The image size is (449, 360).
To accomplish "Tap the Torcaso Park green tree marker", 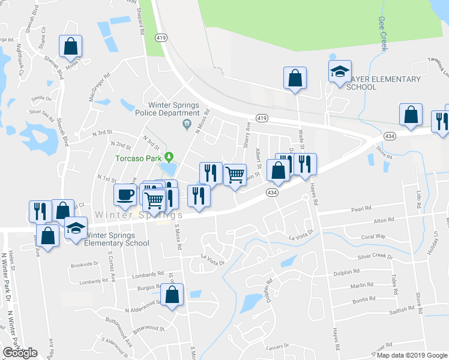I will point(169,158).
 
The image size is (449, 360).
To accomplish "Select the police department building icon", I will point(187,124).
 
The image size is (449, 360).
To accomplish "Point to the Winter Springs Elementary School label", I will point(116,239).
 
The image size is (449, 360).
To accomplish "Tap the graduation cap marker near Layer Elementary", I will point(340,73).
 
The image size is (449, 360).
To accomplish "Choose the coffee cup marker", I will point(125,194).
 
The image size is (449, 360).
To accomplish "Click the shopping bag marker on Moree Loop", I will point(70,46).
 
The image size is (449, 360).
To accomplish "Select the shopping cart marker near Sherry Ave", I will point(235,175).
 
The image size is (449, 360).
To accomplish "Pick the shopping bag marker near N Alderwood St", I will point(172,295).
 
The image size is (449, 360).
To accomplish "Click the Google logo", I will point(20,353).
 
